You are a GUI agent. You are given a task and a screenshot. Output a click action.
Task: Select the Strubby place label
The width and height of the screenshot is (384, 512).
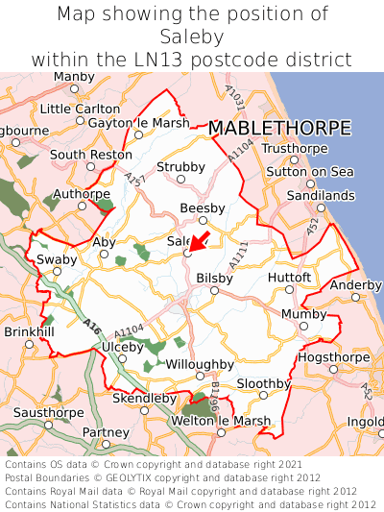tap(181, 167)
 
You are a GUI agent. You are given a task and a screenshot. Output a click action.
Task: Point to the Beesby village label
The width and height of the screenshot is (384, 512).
tap(203, 207)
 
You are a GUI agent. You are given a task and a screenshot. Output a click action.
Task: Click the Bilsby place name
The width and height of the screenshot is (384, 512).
tap(214, 278)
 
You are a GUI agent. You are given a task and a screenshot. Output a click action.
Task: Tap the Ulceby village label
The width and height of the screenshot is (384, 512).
tap(124, 346)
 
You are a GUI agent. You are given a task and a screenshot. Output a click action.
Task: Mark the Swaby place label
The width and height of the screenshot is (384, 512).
tap(56, 259)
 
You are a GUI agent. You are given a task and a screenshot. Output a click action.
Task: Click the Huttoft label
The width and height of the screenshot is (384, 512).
tap(290, 277)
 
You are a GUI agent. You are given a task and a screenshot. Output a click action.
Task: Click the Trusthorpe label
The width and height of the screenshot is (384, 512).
tap(295, 148)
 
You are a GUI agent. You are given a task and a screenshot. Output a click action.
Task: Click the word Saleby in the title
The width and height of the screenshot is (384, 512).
tap(192, 37)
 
